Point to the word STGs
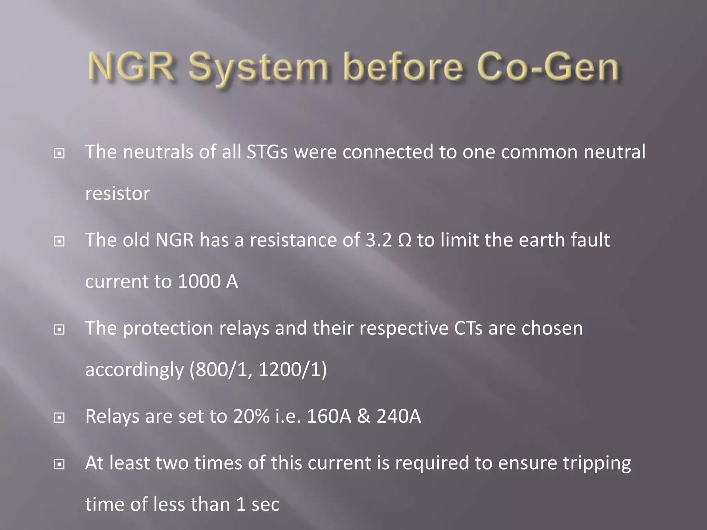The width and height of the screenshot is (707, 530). [267, 152]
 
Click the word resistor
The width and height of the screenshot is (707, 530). [117, 194]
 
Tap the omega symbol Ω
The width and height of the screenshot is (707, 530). [404, 241]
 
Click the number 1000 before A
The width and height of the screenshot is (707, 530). [199, 282]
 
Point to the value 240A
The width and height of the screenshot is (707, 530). [399, 416]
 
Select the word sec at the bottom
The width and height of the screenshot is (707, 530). [265, 504]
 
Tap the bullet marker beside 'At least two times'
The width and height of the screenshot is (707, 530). [59, 465]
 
